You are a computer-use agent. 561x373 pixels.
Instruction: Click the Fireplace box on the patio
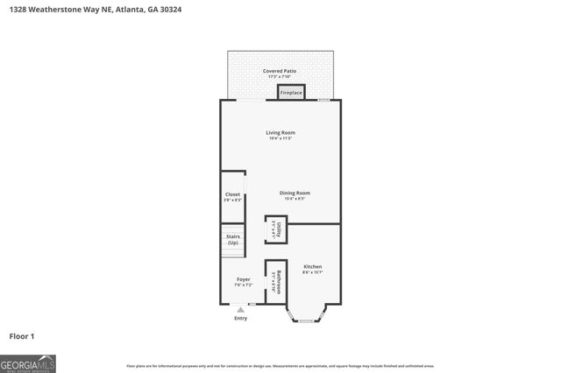point(291,92)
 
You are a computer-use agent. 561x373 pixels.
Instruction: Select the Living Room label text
point(280,132)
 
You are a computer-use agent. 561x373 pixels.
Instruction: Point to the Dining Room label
point(295,193)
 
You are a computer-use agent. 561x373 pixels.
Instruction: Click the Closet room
point(232,197)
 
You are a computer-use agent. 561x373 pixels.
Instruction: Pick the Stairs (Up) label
point(232,239)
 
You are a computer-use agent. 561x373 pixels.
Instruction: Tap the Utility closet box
point(275,229)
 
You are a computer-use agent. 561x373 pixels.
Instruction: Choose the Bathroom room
point(275,282)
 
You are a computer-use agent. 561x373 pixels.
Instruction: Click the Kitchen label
point(313,266)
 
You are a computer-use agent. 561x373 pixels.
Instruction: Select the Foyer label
point(243,279)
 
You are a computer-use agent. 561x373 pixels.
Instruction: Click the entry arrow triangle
point(240,310)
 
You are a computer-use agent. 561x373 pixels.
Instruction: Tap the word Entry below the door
point(240,319)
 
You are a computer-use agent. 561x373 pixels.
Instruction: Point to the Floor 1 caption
point(22,335)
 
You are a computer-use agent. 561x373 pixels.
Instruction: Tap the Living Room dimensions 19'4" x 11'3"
point(280,138)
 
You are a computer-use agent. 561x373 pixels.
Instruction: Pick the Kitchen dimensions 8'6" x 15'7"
point(313,272)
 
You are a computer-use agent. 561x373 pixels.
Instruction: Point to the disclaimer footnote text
point(280,365)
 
